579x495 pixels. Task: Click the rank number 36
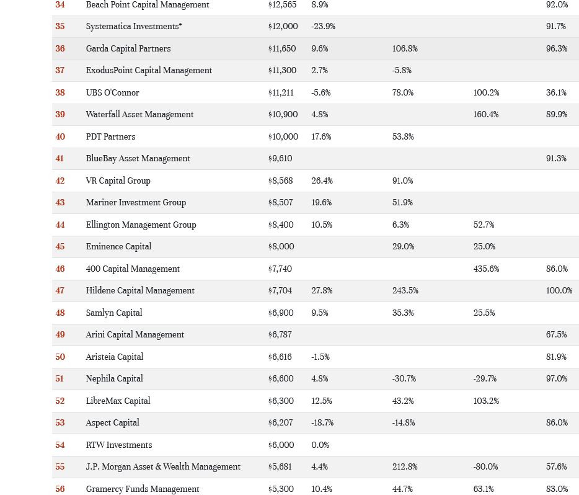[60, 48]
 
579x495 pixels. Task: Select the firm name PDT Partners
[110, 136]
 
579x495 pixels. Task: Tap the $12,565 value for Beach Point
[282, 4]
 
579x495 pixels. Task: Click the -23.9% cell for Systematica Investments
[323, 26]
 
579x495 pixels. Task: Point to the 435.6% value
[486, 269]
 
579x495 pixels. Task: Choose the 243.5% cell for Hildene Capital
[405, 290]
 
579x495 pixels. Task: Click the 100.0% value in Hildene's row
[559, 290]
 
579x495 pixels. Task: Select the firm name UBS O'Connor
[112, 92]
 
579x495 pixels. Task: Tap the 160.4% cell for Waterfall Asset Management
[486, 114]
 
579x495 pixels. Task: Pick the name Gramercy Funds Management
[143, 489]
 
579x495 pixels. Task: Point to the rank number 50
[60, 357]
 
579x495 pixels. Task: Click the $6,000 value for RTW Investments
[281, 445]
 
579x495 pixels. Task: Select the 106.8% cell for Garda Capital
[405, 48]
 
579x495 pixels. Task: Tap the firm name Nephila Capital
[114, 378]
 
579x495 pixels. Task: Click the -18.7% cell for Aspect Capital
[322, 422]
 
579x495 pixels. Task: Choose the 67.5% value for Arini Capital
[556, 334]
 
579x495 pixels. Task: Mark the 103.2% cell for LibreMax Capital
[486, 401]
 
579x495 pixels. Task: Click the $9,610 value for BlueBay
[280, 158]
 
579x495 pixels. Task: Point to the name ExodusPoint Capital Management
[149, 70]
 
